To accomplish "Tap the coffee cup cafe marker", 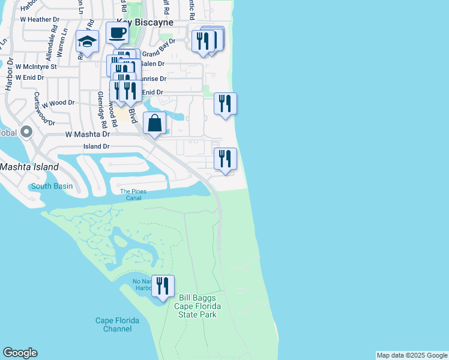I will (x=118, y=32).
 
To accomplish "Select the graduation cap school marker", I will (x=88, y=41).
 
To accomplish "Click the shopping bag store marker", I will (x=154, y=123).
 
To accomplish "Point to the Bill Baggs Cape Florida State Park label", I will (x=197, y=306).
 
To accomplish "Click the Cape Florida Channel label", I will (x=117, y=325).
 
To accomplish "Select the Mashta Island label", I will (x=30, y=167).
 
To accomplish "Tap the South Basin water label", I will (x=52, y=186).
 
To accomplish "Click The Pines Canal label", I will (x=133, y=195).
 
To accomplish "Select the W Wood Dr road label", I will (x=58, y=103).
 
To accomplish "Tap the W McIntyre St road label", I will (x=36, y=67).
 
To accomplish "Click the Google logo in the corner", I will (x=20, y=353).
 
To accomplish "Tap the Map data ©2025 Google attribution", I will (x=412, y=355).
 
